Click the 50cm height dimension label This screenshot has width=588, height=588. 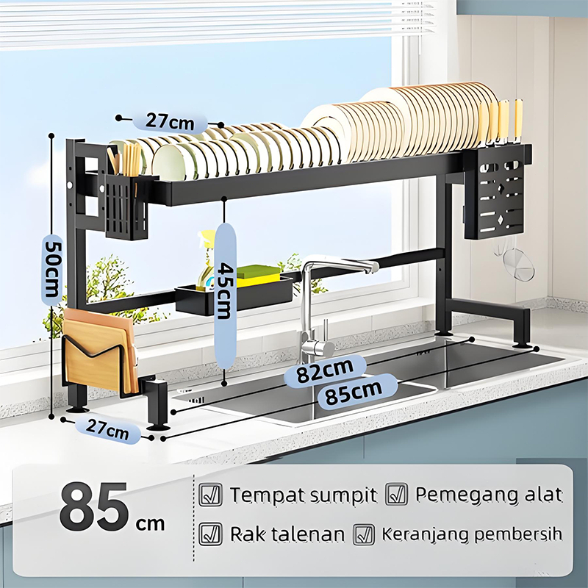click(x=51, y=269)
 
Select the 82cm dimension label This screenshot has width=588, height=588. click(x=325, y=370)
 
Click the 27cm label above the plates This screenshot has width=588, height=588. click(x=170, y=121)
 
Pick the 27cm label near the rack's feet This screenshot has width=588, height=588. click(x=107, y=429)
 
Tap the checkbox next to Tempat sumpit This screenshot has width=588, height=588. click(x=210, y=495)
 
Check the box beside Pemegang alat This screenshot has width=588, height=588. click(x=396, y=494)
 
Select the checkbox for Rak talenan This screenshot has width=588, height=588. click(x=210, y=534)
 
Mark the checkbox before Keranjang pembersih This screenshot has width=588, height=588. click(x=364, y=534)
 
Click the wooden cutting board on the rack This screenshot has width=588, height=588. click(x=98, y=352)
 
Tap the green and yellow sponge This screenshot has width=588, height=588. click(x=259, y=275)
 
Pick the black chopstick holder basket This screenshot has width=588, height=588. click(x=126, y=207)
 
